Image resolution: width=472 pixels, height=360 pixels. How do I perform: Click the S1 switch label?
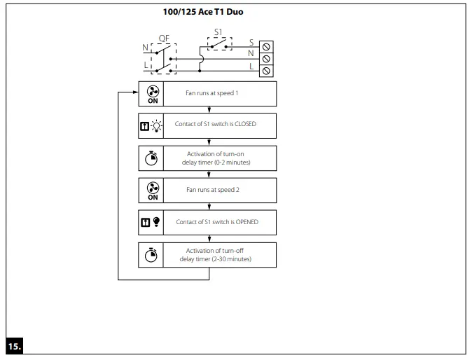[x=218, y=32]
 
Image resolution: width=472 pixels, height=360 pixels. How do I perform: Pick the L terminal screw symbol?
[x=266, y=71]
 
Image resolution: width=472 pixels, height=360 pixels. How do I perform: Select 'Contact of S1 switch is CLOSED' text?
[x=216, y=125]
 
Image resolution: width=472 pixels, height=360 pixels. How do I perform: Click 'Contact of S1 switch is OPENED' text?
[x=217, y=222]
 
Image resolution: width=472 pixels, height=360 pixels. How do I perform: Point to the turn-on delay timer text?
[x=218, y=158]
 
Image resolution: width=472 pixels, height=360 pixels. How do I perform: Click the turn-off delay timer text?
[x=218, y=254]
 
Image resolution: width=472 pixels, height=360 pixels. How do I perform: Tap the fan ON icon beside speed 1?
[x=153, y=94]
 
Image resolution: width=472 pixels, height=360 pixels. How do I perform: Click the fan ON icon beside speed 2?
[x=153, y=191]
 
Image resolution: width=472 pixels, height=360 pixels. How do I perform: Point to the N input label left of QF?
[x=146, y=48]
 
